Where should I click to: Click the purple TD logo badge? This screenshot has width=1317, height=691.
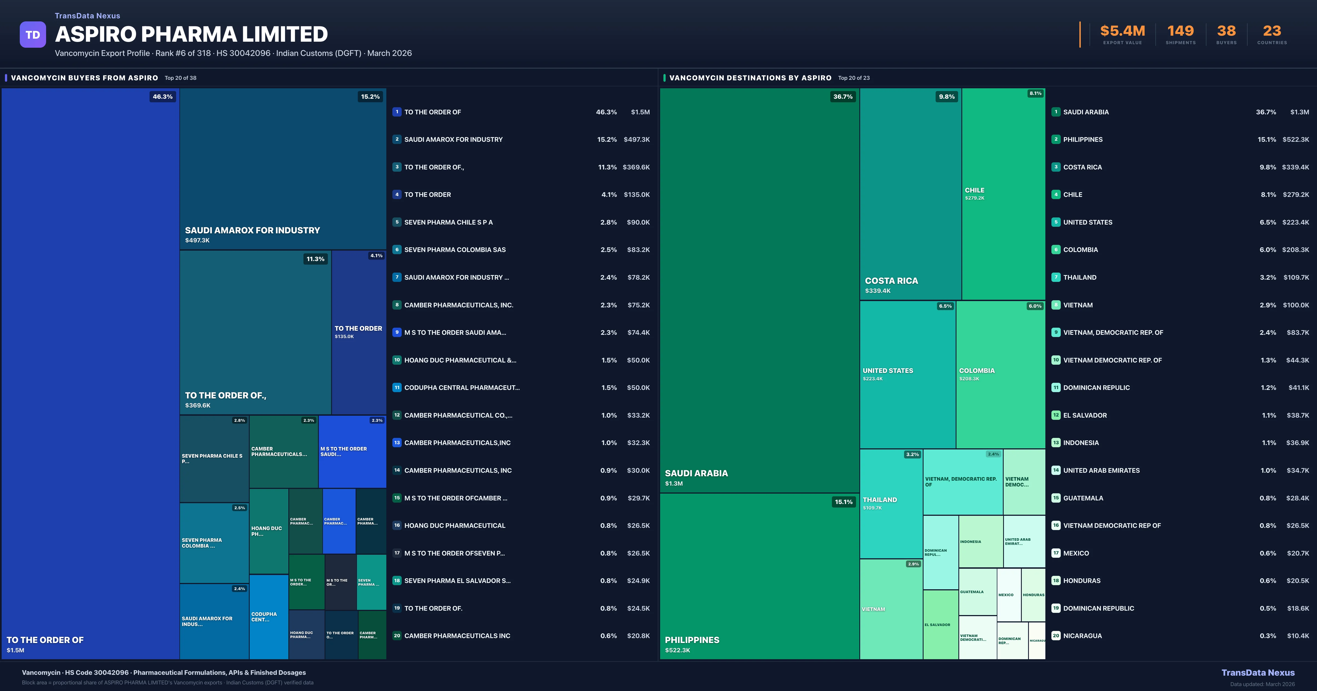[33, 35]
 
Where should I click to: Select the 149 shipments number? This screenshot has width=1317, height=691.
[1180, 31]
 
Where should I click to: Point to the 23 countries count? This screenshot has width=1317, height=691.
[1272, 31]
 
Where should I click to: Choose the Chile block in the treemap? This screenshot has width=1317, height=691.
[1003, 194]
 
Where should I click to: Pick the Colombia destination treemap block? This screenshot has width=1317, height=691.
[1000, 375]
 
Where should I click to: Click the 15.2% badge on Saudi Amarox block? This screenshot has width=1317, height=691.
[370, 97]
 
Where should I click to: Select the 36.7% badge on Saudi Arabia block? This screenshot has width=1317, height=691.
[843, 97]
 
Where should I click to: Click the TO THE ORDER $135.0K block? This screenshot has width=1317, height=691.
[358, 332]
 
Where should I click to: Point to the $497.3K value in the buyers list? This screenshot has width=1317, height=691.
[637, 140]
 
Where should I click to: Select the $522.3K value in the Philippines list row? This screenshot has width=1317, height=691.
[1296, 140]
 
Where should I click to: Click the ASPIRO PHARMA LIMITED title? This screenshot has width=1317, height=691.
[191, 34]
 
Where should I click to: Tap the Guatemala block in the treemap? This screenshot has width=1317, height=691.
[977, 592]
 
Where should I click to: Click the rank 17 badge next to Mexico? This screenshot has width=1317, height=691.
[1056, 553]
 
